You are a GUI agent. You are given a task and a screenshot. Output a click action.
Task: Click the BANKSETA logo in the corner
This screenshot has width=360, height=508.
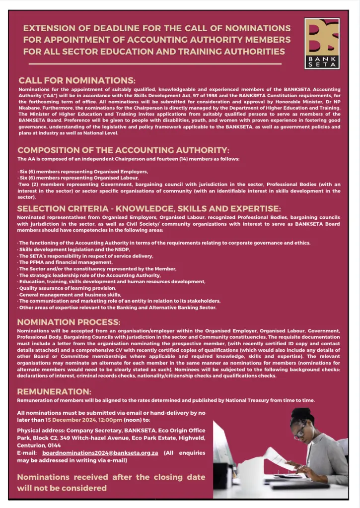coord(322,43)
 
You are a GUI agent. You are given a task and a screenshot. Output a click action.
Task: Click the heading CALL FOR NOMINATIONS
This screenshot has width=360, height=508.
coord(76,80)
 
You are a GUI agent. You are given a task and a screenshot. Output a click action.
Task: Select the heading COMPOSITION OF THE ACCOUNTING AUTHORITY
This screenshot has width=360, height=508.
coord(123,150)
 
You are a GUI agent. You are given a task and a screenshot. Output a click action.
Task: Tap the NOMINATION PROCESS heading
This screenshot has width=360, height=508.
coord(69,322)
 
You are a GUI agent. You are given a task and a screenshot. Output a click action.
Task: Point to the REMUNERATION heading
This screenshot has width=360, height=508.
coord(54,391)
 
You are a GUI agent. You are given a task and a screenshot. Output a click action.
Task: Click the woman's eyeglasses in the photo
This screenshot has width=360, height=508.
coord(300,431)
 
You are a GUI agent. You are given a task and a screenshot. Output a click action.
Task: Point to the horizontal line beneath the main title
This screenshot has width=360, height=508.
coord(155,64)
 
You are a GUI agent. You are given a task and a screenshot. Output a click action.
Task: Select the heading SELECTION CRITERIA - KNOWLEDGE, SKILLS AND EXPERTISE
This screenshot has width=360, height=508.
coord(149,208)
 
